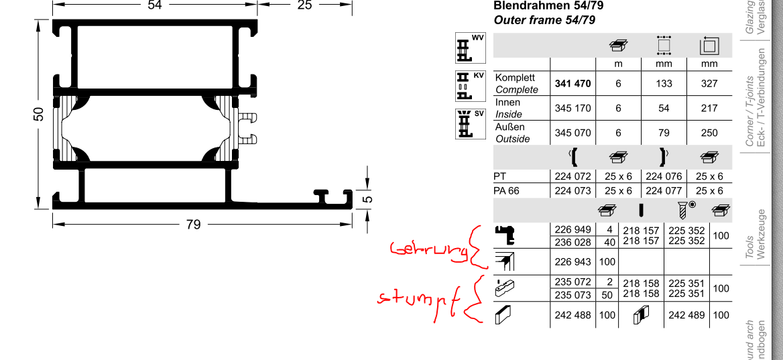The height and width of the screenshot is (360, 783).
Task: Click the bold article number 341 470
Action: click(573, 84)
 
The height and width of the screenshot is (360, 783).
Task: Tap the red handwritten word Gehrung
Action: click(429, 250)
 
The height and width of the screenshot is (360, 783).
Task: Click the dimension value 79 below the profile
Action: click(193, 225)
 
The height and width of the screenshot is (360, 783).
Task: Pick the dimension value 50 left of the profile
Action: click(38, 114)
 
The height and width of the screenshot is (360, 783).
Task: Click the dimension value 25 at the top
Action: click(304, 5)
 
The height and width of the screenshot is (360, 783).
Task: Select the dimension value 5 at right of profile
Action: click(367, 198)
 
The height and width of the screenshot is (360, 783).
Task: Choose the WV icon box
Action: click(469, 48)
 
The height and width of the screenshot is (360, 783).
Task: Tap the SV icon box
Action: click(469, 123)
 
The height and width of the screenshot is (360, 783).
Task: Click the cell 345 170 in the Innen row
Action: click(573, 108)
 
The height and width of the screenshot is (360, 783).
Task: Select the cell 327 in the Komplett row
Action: click(709, 84)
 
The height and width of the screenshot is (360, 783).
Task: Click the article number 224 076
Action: click(663, 176)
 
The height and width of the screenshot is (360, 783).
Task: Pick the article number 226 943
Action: click(573, 261)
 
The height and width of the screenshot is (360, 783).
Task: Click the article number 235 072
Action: click(573, 282)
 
